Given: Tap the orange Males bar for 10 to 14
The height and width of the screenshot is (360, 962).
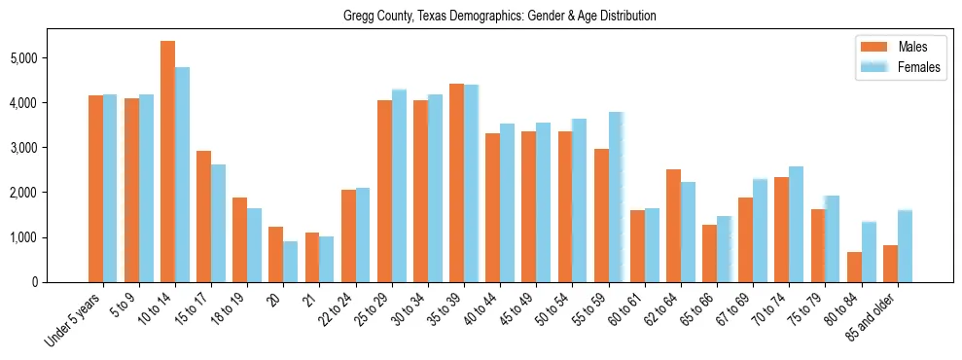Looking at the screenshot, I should point(167,162).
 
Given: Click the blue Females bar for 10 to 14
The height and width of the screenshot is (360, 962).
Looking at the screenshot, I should point(182,175).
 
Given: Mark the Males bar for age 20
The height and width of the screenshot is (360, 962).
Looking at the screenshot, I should point(276,254).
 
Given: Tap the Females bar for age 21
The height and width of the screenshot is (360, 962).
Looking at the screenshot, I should point(326,259).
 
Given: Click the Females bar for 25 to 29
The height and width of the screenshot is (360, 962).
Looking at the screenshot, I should point(399,186).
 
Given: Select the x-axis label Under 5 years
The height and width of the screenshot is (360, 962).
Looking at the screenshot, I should point(74,322).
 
